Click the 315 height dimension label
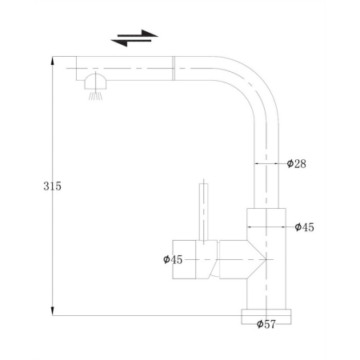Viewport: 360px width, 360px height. point(52,186)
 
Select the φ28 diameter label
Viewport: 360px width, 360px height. point(296,164)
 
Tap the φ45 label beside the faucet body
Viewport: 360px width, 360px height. point(304,227)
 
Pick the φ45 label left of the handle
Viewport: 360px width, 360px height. point(173,259)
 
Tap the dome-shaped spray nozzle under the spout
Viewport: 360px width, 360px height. point(95,82)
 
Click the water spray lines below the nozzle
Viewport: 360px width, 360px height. point(95,96)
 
